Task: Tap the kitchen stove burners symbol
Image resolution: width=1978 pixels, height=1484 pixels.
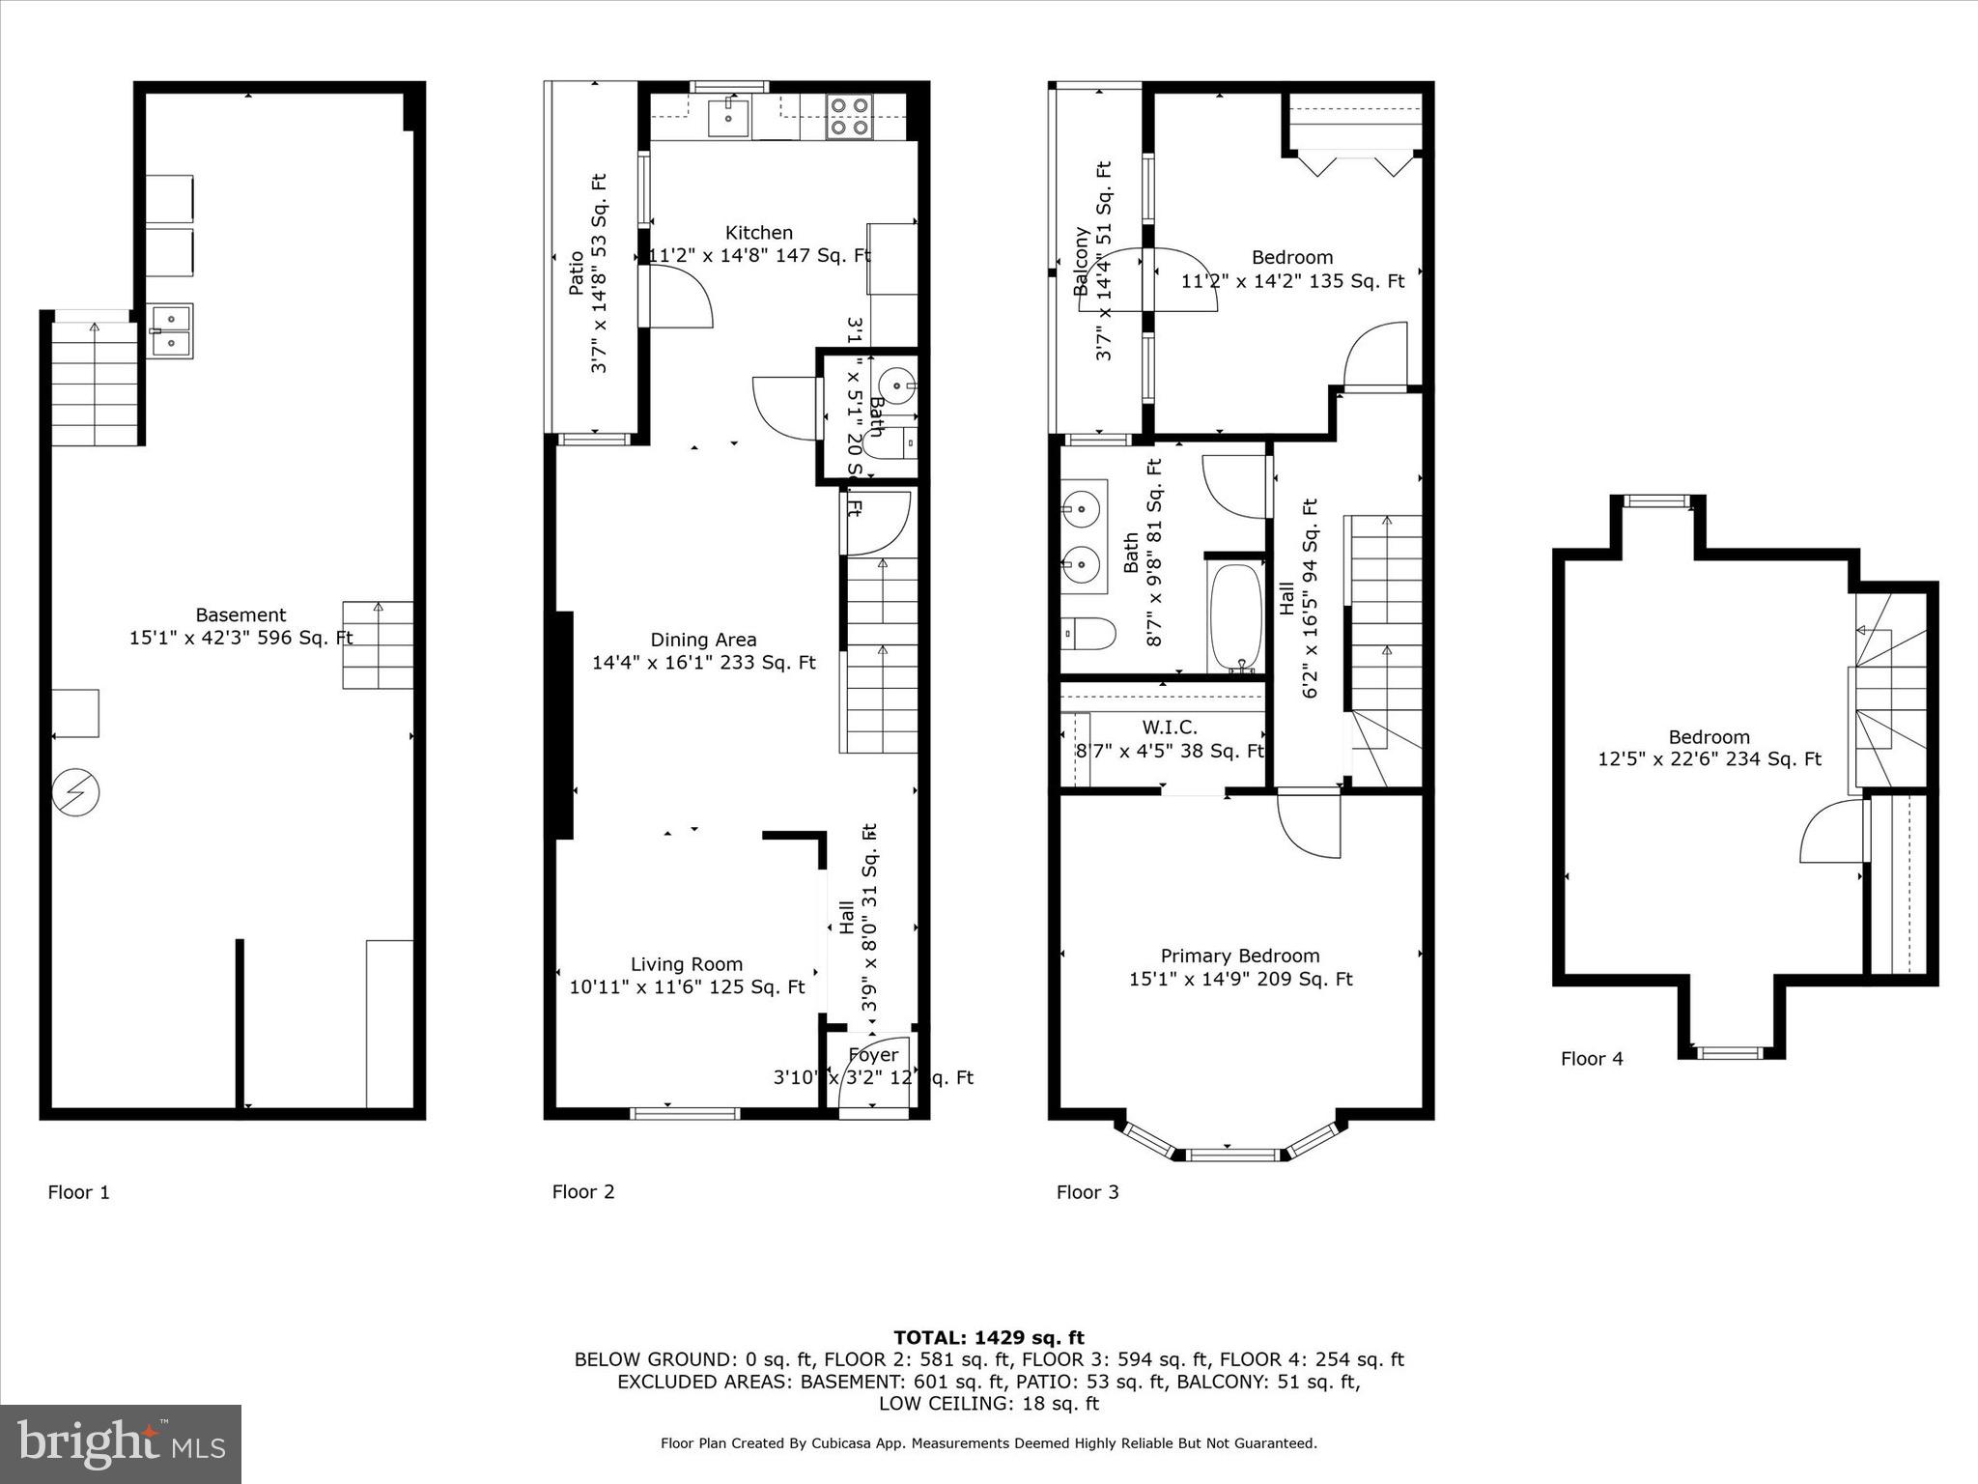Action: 849,116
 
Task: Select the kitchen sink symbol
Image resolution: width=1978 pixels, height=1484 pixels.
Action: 728,118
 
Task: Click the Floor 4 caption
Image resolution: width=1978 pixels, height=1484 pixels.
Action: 1592,1059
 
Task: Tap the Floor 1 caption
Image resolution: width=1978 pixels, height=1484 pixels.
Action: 79,1192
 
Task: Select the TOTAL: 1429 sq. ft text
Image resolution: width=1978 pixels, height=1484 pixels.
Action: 988,1338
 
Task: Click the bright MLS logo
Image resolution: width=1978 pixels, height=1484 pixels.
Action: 121,1444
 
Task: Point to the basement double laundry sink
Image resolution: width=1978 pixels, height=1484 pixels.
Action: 170,330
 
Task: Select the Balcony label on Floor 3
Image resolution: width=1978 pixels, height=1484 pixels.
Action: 1081,261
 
